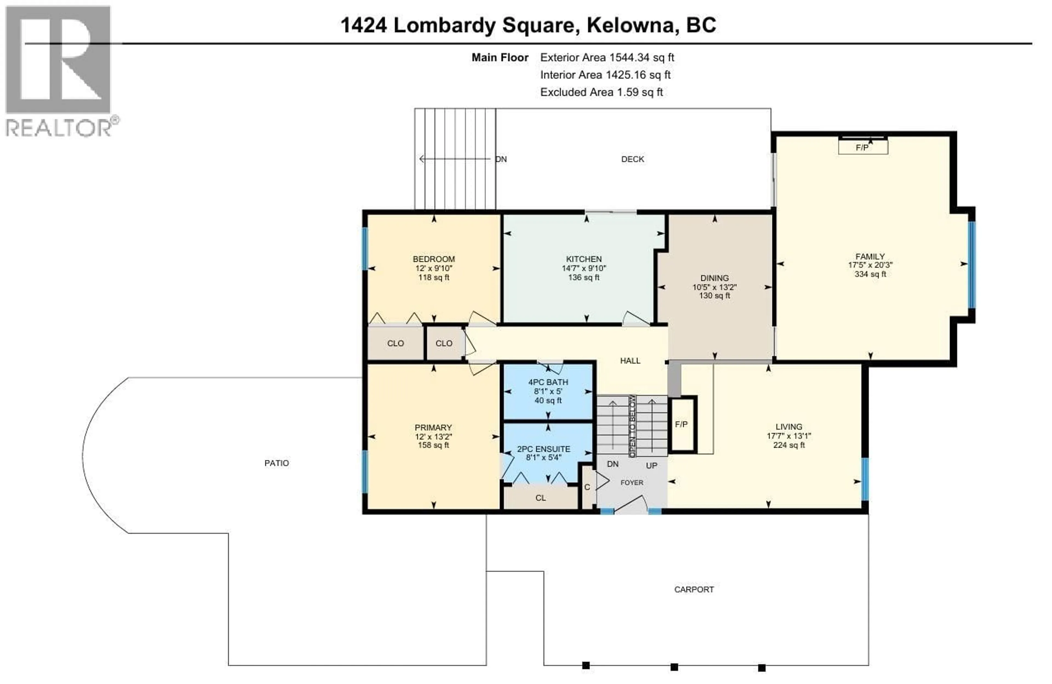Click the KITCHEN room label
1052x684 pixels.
[x=584, y=259]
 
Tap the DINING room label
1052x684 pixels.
[x=714, y=278]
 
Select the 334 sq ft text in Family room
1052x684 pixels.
[x=870, y=274]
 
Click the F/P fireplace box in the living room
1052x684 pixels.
[x=682, y=424]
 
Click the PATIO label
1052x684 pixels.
[x=277, y=463]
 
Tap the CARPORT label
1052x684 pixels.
[x=693, y=589]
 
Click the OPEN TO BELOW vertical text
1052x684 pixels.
[x=633, y=426]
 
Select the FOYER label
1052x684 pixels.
[x=632, y=483]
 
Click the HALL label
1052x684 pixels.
[x=630, y=361]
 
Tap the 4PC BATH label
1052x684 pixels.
[x=548, y=382]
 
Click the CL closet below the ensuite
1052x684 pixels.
[x=540, y=498]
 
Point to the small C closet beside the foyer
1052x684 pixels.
[x=587, y=487]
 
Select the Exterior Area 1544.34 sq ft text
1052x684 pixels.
[x=607, y=58]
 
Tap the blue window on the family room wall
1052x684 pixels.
[x=971, y=264]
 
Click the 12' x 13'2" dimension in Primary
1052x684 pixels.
[x=433, y=436]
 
